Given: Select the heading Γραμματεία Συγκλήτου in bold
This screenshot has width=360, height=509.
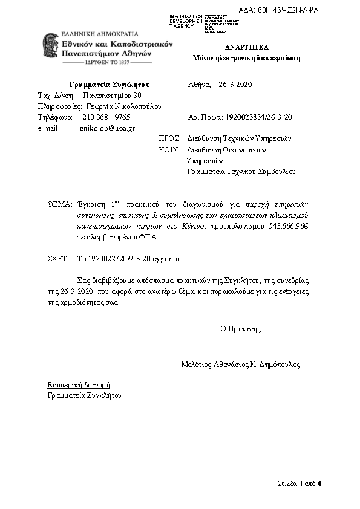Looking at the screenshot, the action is [110, 84].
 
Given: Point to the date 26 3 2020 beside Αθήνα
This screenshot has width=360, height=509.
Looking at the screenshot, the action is [235, 84].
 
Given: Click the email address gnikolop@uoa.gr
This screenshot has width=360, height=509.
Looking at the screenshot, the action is [107, 128].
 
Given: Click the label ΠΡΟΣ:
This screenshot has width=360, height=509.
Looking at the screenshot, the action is [169, 138].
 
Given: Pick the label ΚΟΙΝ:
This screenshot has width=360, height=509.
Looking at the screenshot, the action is [169, 149].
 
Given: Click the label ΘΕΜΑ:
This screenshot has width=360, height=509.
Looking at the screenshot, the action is [60, 204].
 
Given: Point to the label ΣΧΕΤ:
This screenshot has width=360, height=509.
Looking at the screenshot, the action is [59, 259].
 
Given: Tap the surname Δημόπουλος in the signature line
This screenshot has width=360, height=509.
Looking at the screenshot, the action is [280, 365].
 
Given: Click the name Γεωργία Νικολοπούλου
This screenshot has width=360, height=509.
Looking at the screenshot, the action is [123, 106].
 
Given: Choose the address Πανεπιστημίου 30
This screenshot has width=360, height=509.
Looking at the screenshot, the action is [113, 95].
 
